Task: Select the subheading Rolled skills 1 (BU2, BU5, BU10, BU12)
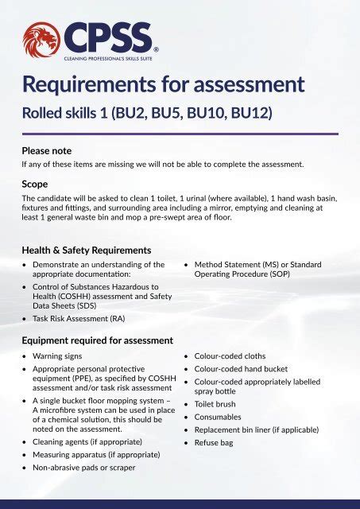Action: click(x=147, y=112)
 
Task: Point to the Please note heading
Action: click(x=47, y=150)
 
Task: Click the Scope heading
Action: click(x=35, y=183)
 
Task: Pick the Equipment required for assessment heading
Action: click(x=98, y=340)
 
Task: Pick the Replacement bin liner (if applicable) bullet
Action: click(x=257, y=429)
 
